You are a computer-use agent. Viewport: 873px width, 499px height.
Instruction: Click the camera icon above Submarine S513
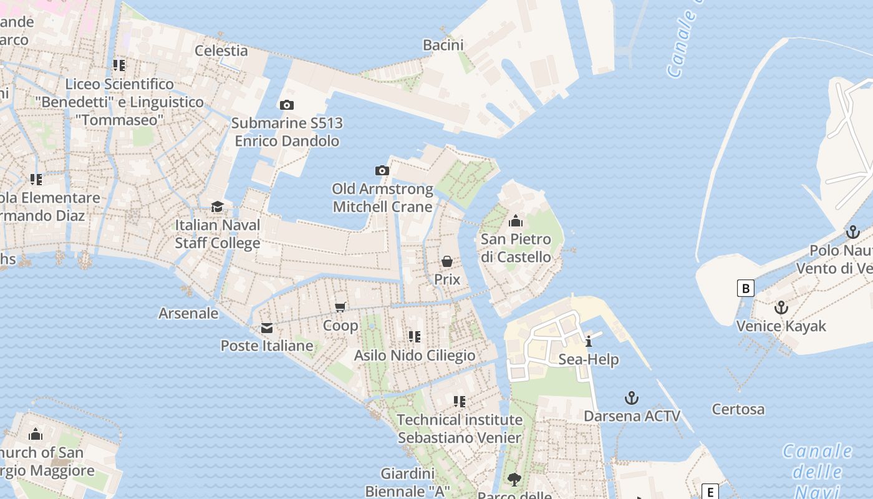(287, 105)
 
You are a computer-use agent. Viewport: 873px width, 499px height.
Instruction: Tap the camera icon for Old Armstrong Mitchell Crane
(382, 170)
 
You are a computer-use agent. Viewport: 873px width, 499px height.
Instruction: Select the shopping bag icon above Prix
(447, 261)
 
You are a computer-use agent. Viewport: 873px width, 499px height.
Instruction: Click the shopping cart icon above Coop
(340, 307)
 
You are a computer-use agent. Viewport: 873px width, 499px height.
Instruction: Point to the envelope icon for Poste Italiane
(267, 328)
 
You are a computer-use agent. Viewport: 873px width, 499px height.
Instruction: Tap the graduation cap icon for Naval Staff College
(217, 206)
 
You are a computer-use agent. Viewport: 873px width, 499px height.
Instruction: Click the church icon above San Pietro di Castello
(516, 221)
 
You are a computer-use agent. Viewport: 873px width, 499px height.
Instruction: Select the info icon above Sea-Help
(588, 341)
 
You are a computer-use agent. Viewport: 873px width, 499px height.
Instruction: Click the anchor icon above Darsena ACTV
(632, 398)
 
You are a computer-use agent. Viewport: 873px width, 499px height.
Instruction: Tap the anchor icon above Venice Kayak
(781, 308)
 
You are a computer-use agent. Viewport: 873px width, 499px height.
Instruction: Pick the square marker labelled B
(745, 288)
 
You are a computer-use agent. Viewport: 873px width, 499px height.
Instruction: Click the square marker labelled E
(710, 492)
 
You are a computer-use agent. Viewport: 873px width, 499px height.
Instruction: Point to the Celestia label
(221, 51)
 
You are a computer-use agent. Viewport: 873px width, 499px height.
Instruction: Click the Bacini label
(443, 45)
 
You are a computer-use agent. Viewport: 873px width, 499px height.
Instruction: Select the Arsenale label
(188, 313)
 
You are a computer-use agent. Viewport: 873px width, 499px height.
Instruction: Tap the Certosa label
(738, 410)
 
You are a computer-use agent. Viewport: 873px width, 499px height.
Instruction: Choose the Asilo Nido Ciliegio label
(415, 356)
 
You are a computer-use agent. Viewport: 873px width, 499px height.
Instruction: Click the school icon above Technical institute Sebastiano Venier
(460, 401)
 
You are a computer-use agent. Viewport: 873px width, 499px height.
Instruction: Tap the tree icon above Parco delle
(514, 480)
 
